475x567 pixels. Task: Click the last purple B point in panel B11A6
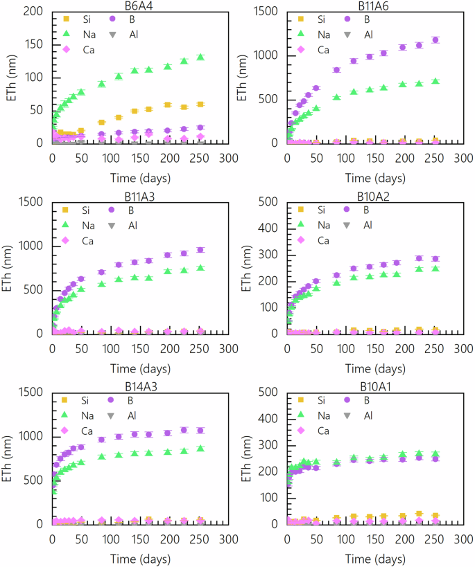click(435, 40)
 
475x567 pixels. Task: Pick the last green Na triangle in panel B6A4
click(200, 57)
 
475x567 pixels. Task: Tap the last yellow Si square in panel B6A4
click(200, 105)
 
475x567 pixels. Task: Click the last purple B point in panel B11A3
click(200, 250)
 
